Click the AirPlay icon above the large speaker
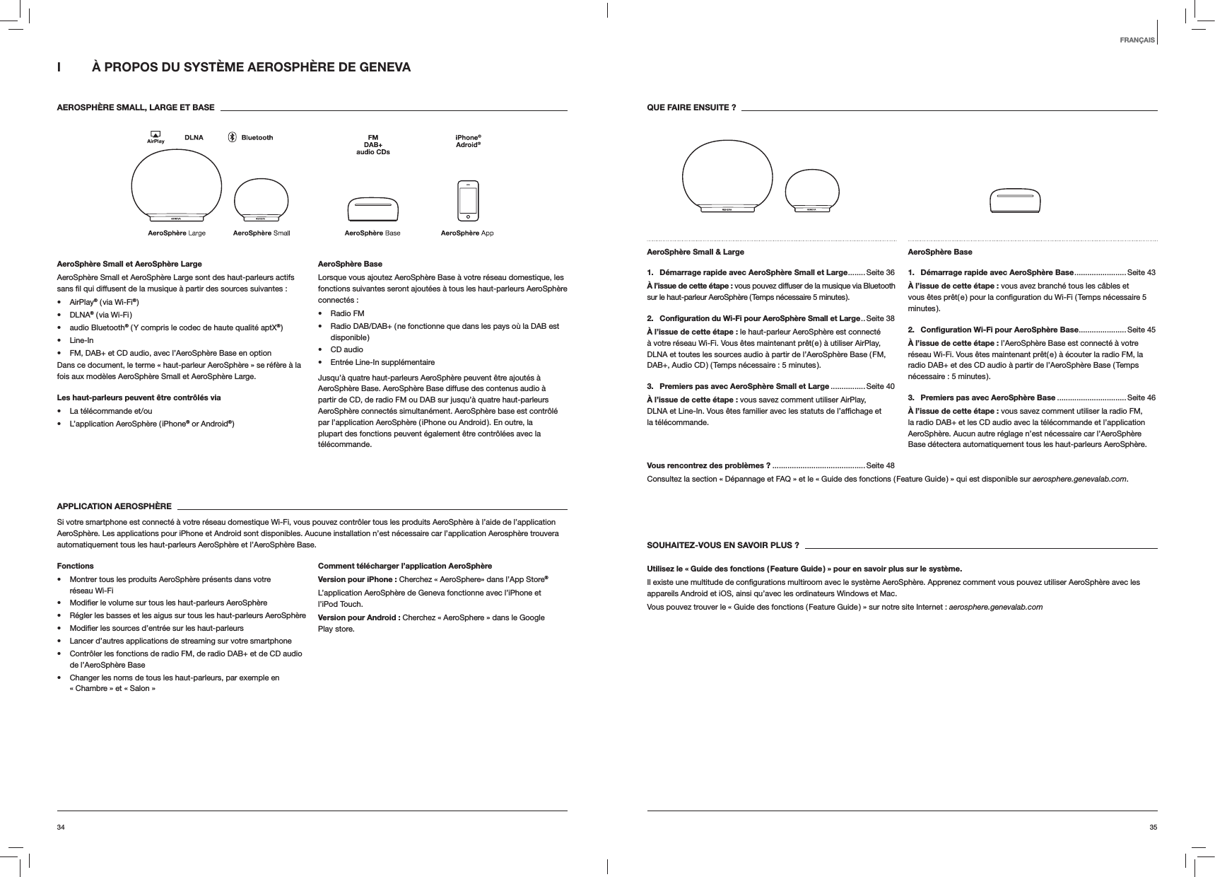click(x=155, y=137)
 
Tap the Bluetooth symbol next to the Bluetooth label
click(x=232, y=138)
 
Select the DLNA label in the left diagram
click(x=194, y=138)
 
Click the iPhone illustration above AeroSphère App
click(x=468, y=200)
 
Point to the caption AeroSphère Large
click(x=177, y=233)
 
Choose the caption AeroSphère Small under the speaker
click(x=262, y=233)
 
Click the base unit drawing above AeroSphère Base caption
click(x=372, y=208)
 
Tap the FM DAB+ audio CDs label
click(x=372, y=144)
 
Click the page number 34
click(x=61, y=827)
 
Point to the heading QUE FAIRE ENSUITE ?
click(x=691, y=108)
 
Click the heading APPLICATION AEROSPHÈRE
click(x=114, y=506)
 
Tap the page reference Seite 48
click(x=880, y=465)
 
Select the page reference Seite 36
click(x=880, y=272)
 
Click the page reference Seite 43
click(x=1141, y=272)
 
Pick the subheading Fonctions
click(x=75, y=566)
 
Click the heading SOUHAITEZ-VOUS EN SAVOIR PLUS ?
click(x=723, y=545)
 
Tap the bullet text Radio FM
click(x=348, y=313)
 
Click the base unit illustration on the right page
click(x=1016, y=201)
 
